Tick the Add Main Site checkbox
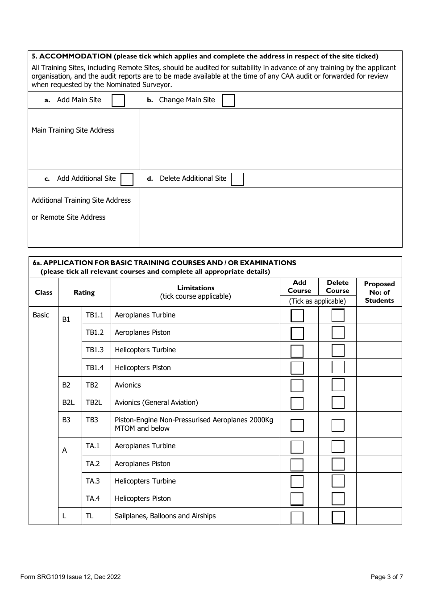click(x=118, y=100)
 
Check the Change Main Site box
click(x=228, y=100)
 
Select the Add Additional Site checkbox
click(x=127, y=179)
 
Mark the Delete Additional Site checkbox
click(x=237, y=179)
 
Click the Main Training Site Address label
click(x=73, y=130)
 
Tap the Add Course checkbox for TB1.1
click(x=297, y=316)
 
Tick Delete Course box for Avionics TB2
click(x=338, y=385)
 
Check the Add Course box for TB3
click(x=297, y=425)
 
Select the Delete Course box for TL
click(x=338, y=517)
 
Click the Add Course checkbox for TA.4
click(x=297, y=499)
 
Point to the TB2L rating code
click(x=94, y=403)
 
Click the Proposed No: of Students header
click(x=379, y=292)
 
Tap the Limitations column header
click(x=195, y=292)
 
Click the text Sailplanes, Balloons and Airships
click(x=165, y=516)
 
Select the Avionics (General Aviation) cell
click(x=156, y=403)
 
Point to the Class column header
click(x=43, y=292)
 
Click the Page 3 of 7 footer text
click(x=387, y=577)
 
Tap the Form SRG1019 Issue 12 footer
click(x=71, y=577)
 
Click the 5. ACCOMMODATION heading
click(x=71, y=56)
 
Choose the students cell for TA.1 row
click(x=379, y=446)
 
